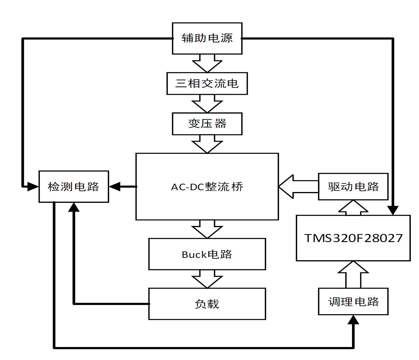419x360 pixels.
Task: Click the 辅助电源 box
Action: tap(207, 38)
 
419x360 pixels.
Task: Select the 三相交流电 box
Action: tap(207, 84)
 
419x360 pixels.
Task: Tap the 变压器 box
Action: tap(207, 124)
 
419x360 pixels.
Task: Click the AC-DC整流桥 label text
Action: tap(207, 187)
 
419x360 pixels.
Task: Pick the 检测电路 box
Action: tap(74, 187)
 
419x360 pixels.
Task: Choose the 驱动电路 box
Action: tap(353, 187)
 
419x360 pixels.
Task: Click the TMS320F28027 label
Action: tap(353, 238)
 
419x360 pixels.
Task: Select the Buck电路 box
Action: tap(207, 254)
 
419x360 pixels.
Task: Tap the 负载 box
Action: tap(207, 304)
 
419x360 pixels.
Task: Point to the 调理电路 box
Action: tap(353, 301)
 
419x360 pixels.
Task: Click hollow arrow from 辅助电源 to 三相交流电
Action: tap(207, 63)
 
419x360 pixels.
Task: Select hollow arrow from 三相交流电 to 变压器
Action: tap(207, 103)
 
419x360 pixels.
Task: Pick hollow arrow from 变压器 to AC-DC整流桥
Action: tap(207, 144)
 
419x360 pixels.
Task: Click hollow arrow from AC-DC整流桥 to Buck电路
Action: tap(207, 229)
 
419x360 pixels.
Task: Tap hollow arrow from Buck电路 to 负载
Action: tap(207, 279)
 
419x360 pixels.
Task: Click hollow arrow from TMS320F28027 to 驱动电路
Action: tap(353, 208)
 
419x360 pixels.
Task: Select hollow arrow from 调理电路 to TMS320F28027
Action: tap(353, 274)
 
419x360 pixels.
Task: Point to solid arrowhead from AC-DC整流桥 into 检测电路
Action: tap(115, 186)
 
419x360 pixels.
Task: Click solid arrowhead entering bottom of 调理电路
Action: tap(353, 320)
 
